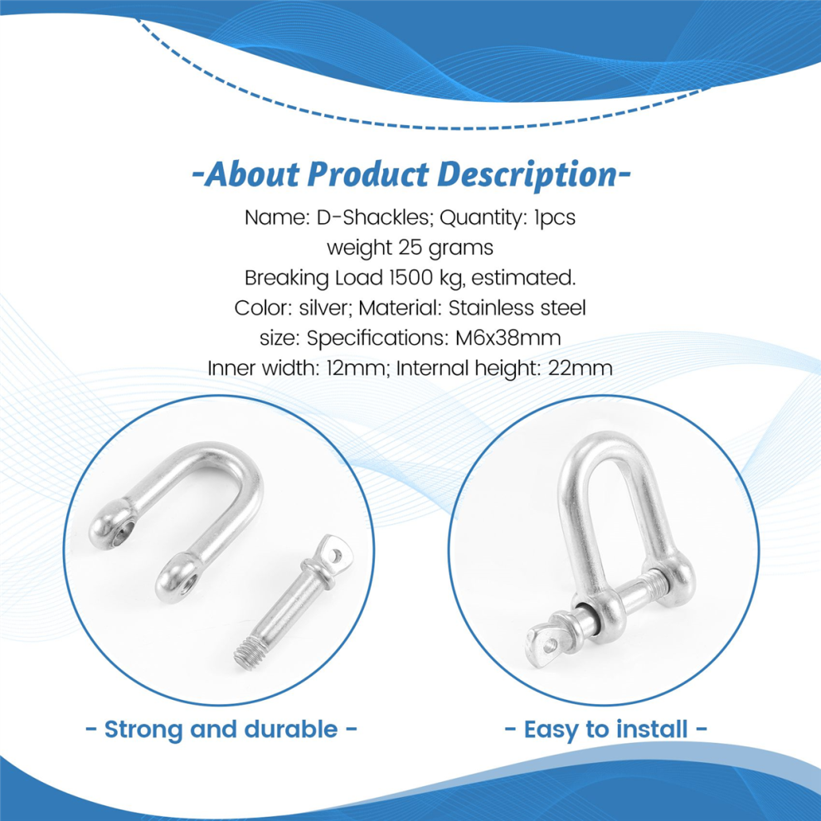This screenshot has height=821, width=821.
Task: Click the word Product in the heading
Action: (x=367, y=174)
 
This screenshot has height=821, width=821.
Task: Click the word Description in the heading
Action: (x=527, y=174)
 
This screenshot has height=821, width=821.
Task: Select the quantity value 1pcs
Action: (x=554, y=218)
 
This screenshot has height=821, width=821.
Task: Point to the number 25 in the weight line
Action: (x=410, y=247)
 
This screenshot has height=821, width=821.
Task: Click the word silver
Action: (x=324, y=308)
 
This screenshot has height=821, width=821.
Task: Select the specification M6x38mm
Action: (x=508, y=338)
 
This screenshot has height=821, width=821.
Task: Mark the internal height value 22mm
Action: (x=581, y=368)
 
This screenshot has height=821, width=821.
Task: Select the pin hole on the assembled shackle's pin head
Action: (x=549, y=646)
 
